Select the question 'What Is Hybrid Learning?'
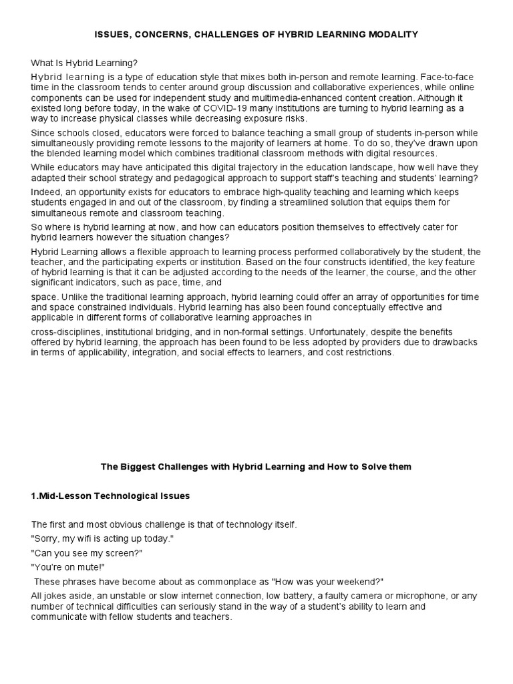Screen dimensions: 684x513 [84, 63]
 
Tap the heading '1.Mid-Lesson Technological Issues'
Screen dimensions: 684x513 [110, 496]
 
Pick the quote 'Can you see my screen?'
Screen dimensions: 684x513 [86, 553]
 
